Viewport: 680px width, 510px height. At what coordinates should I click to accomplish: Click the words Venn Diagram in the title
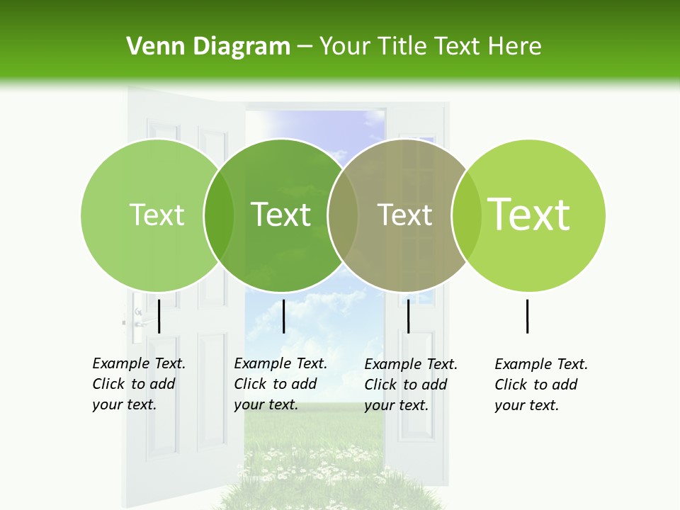pyautogui.click(x=208, y=47)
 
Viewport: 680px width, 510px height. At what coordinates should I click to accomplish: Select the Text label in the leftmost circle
pyautogui.click(x=157, y=215)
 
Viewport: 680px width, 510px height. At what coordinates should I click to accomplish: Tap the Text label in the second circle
pyautogui.click(x=281, y=215)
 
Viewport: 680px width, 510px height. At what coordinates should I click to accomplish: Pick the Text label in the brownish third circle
pyautogui.click(x=405, y=215)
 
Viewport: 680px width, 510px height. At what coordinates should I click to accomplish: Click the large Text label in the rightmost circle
pyautogui.click(x=529, y=214)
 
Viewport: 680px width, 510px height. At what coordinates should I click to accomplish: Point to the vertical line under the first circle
pyautogui.click(x=159, y=316)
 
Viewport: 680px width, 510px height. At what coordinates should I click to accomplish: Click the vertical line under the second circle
pyautogui.click(x=283, y=316)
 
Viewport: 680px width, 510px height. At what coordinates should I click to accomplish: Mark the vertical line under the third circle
pyautogui.click(x=408, y=316)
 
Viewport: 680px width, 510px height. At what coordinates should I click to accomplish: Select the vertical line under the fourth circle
pyautogui.click(x=527, y=316)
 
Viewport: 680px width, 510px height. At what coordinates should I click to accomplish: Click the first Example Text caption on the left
pyautogui.click(x=138, y=384)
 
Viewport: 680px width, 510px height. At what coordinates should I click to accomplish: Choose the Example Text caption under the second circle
pyautogui.click(x=280, y=384)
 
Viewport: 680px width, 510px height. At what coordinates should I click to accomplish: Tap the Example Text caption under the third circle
pyautogui.click(x=410, y=385)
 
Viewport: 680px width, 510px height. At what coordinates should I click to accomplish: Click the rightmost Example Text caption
pyautogui.click(x=540, y=385)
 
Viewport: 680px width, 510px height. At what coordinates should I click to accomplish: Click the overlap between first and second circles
pyautogui.click(x=219, y=215)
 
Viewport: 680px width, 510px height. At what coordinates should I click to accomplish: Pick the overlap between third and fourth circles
pyautogui.click(x=464, y=215)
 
